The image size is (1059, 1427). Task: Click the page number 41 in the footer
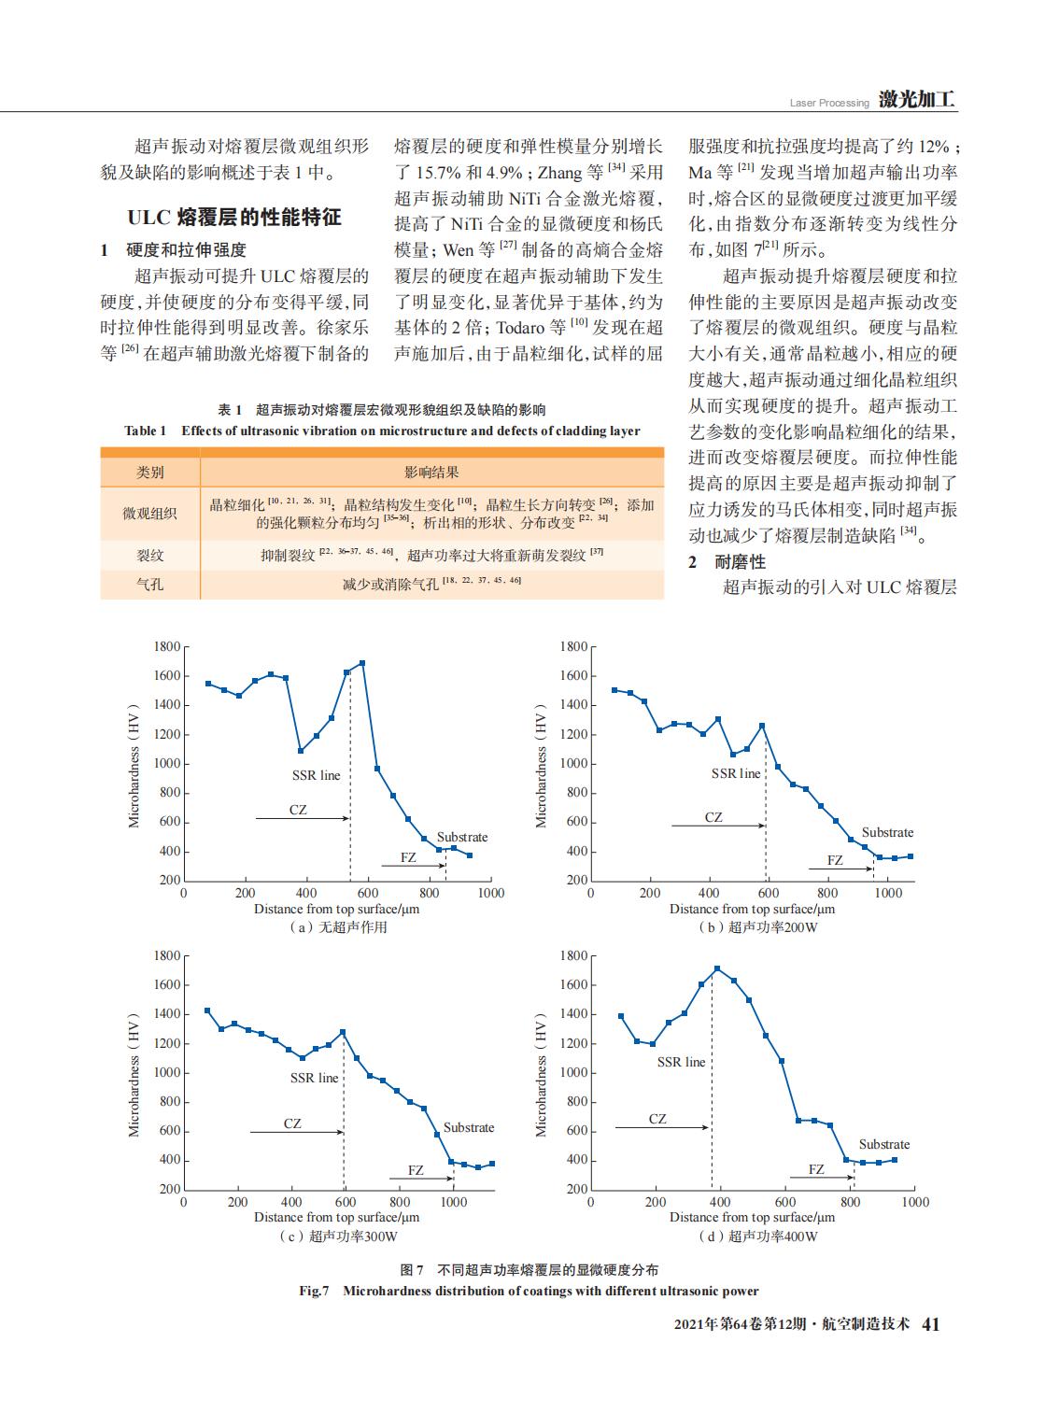pos(930,1324)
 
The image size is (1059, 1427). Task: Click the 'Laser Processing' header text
pos(828,103)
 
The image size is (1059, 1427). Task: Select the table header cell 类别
pos(150,473)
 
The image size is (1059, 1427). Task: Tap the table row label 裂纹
pos(150,555)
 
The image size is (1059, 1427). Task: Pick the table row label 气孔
pos(150,585)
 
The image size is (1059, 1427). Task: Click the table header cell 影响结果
pos(431,473)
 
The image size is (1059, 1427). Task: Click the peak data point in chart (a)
pos(362,663)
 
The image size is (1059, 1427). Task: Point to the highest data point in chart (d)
pos(716,968)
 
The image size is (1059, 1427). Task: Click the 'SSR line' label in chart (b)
pos(735,773)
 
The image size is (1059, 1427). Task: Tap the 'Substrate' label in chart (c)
pos(469,1127)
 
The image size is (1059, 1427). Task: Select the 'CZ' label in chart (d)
pos(657,1119)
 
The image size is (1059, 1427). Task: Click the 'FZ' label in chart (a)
pos(408,857)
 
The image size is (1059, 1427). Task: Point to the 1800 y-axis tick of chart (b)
pos(573,646)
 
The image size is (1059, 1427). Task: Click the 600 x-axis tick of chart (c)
pos(346,1202)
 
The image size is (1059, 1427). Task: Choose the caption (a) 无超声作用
pos(337,927)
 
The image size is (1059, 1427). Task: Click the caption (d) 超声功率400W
pos(757,1236)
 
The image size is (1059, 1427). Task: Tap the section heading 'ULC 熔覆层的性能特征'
pos(234,218)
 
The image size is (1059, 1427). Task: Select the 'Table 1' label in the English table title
pos(146,431)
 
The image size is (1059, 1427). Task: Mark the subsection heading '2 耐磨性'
pos(727,561)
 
